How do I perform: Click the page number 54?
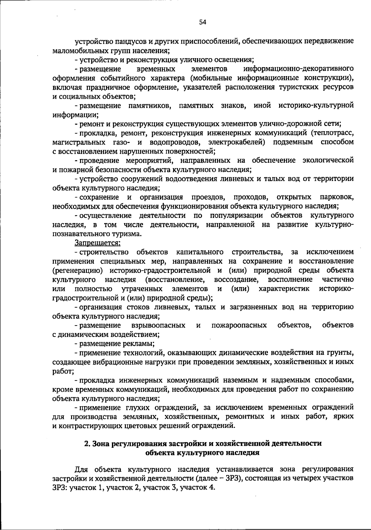(x=203, y=22)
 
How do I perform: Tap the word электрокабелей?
(x=237, y=142)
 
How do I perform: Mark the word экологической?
(x=328, y=161)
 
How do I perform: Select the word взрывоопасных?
(x=158, y=325)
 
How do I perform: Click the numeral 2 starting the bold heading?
(x=87, y=444)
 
